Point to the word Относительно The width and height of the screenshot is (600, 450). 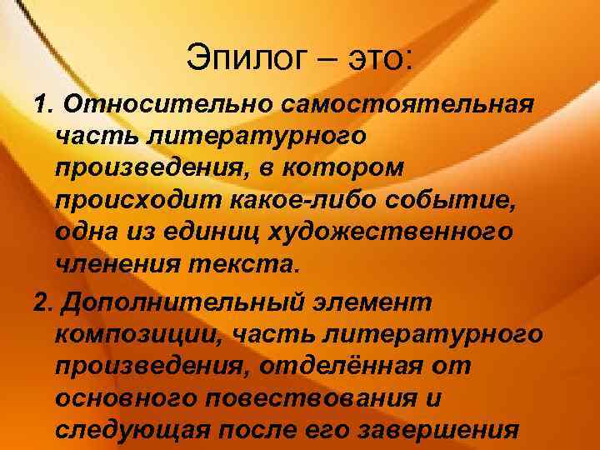(x=167, y=106)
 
